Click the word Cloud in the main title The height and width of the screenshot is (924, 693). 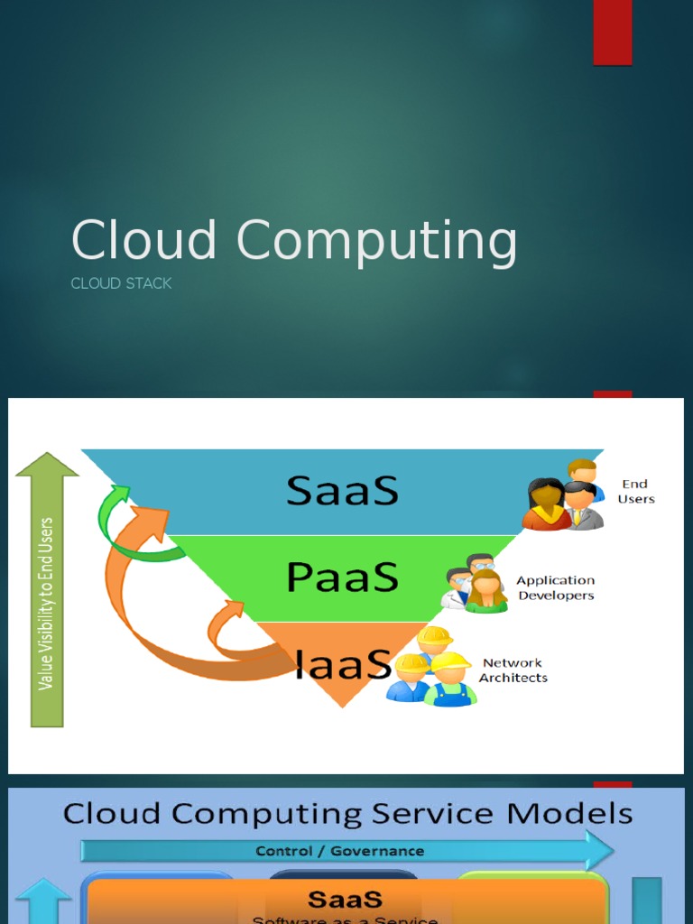coord(144,242)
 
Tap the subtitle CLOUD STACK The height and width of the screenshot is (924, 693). coord(121,283)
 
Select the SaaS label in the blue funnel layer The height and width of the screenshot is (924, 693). coord(342,492)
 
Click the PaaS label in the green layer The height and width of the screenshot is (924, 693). coord(342,577)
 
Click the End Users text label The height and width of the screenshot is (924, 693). coord(636,492)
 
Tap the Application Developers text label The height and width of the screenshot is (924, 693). coord(555,588)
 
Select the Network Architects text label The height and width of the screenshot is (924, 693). coord(513,670)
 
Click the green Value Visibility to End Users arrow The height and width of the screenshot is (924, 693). coord(48,596)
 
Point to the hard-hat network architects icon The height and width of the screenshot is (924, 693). coord(432,668)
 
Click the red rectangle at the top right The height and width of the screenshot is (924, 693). coord(612,32)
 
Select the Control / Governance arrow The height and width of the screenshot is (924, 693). coord(343,851)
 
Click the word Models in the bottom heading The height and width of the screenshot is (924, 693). coord(568,814)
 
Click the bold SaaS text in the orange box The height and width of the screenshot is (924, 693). coord(345,900)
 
